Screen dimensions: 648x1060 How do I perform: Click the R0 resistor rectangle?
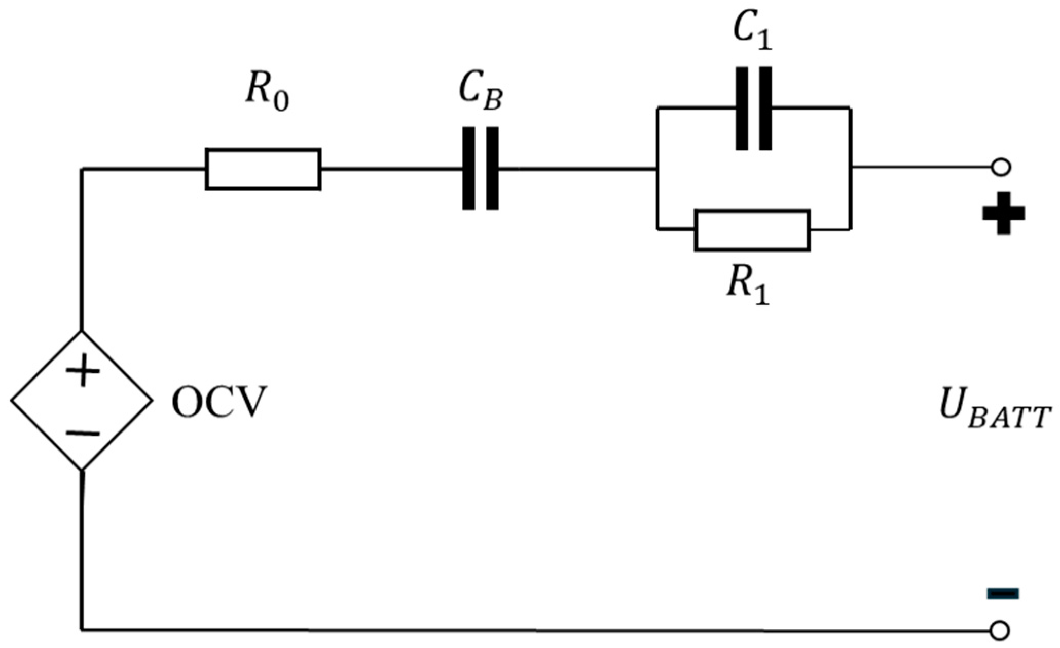coord(263,169)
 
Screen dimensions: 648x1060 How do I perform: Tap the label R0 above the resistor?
coord(266,96)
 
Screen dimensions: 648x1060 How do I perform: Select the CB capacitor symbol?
coord(480,168)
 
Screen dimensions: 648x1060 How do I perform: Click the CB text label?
coord(480,96)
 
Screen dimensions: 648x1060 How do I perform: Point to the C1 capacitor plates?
coord(753,108)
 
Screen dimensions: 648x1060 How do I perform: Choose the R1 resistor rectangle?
coord(752,230)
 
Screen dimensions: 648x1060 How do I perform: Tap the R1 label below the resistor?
coord(748,288)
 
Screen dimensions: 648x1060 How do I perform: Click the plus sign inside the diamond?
coord(83,371)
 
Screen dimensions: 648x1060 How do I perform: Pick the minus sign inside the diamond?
coord(83,434)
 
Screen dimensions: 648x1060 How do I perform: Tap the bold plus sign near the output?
coord(1003,213)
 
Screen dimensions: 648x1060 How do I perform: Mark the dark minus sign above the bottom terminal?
coord(1002,594)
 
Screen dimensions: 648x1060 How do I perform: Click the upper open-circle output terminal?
coord(1000,168)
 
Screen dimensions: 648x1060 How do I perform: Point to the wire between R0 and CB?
coord(391,168)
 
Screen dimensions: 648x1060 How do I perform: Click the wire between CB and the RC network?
coord(576,168)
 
